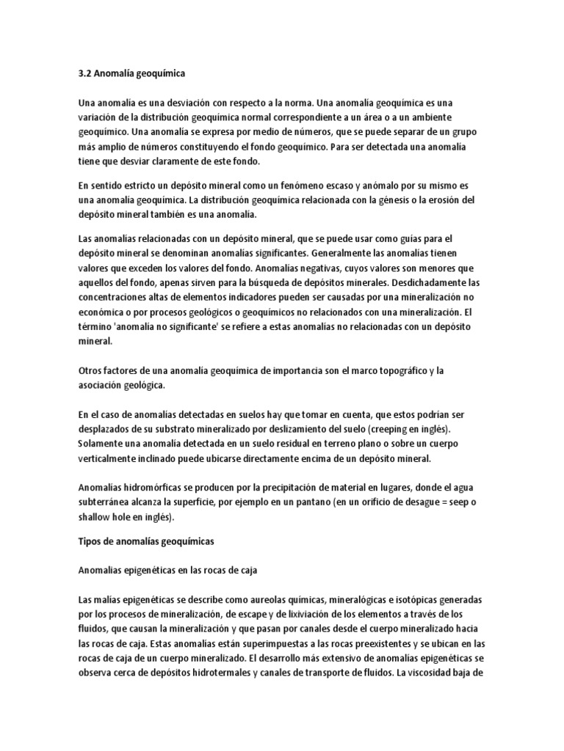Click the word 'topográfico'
pyautogui.click(x=403, y=371)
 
